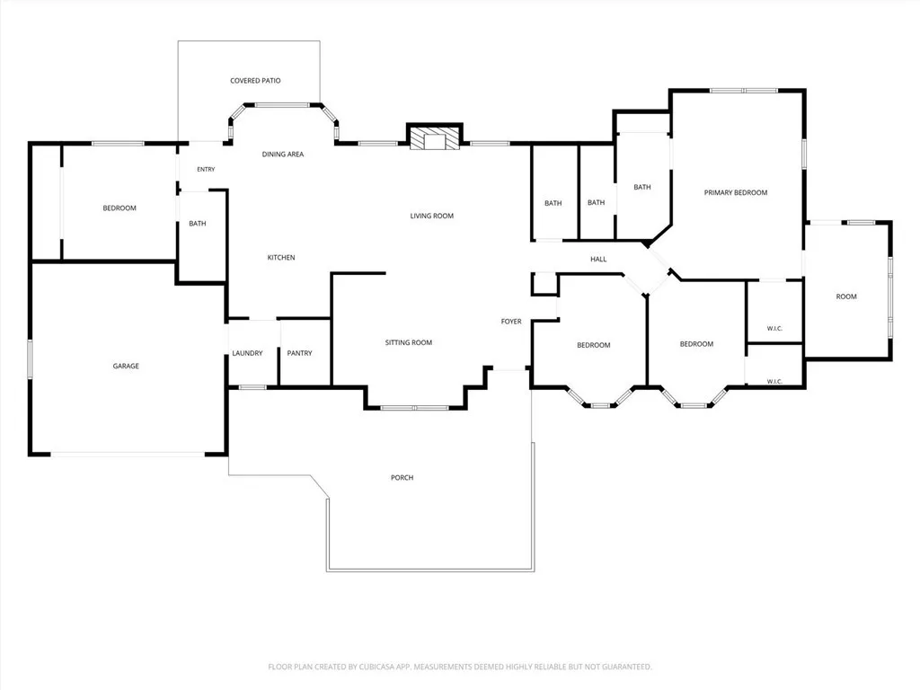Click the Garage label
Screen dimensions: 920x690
click(x=126, y=367)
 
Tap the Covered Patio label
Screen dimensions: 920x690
click(x=255, y=80)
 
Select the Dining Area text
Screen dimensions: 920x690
click(x=283, y=155)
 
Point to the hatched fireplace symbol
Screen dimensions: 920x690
click(x=435, y=138)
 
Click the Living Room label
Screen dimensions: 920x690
click(x=432, y=216)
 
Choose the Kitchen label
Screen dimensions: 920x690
click(x=281, y=258)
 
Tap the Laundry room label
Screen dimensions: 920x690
click(x=247, y=353)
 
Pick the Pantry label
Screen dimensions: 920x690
click(x=299, y=353)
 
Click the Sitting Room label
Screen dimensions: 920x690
click(x=409, y=342)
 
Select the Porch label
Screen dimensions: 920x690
click(x=402, y=478)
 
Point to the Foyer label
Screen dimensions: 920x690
click(x=511, y=322)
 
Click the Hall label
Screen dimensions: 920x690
click(x=598, y=260)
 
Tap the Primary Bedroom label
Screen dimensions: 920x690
click(x=736, y=192)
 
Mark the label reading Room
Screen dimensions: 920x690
click(x=846, y=296)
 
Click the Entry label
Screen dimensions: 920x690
click(x=206, y=170)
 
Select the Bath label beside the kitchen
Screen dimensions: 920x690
click(x=198, y=224)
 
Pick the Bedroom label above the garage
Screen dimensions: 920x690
click(x=119, y=208)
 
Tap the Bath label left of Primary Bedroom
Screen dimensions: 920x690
click(x=641, y=187)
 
